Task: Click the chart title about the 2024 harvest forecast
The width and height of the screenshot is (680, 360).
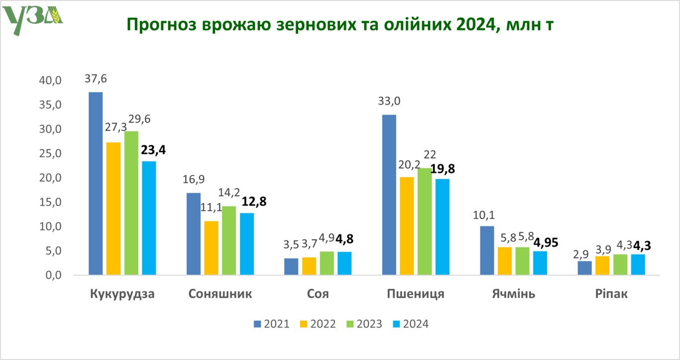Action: (x=340, y=24)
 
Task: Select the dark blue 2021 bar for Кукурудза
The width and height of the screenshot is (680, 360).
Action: (x=96, y=183)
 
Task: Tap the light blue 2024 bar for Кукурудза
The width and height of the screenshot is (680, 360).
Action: (x=149, y=218)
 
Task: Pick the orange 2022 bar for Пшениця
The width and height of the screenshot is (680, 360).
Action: (x=407, y=226)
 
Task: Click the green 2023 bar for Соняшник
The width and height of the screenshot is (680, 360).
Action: (x=229, y=240)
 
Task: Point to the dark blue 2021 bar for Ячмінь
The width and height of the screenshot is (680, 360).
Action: (x=487, y=250)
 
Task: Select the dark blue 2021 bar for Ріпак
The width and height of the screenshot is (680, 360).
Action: (x=585, y=267)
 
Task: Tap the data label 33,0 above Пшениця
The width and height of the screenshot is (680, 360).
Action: (x=389, y=102)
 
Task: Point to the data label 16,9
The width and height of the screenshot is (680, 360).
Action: (x=194, y=180)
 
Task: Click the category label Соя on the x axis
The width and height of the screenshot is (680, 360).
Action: (x=318, y=294)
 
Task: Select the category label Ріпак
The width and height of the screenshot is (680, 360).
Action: (x=611, y=294)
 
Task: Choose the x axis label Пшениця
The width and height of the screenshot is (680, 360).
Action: (x=415, y=294)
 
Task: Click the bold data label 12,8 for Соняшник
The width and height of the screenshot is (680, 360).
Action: (x=254, y=202)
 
